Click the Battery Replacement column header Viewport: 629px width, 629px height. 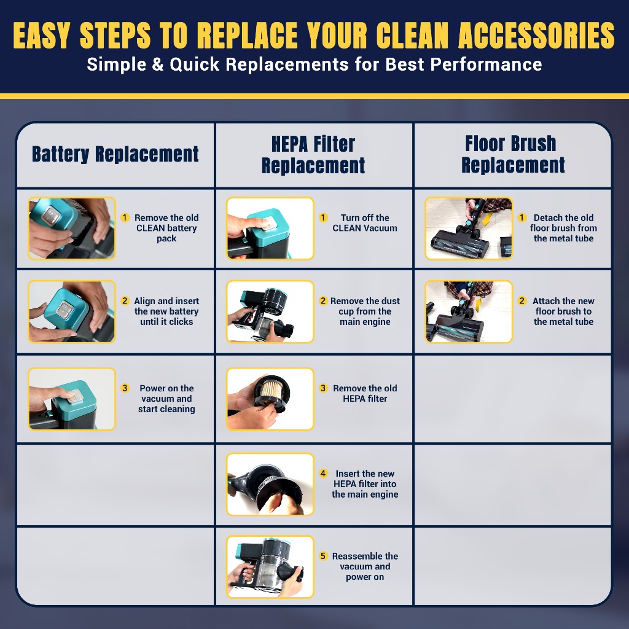pyautogui.click(x=115, y=154)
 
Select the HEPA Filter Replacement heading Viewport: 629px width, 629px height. pyautogui.click(x=313, y=155)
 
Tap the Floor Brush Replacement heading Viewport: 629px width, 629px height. pyautogui.click(x=513, y=154)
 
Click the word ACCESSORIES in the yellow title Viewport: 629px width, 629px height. pyautogui.click(x=536, y=35)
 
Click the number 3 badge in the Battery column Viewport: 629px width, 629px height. pyautogui.click(x=125, y=388)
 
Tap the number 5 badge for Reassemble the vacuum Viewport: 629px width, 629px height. pyautogui.click(x=323, y=556)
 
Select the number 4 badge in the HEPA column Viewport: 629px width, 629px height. pyautogui.click(x=323, y=474)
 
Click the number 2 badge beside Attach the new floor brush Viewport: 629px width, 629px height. pyautogui.click(x=522, y=301)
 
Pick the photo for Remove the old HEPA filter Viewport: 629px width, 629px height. pyautogui.click(x=270, y=399)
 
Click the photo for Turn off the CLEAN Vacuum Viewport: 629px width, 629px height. pyautogui.click(x=270, y=229)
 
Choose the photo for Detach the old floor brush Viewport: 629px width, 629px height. pyautogui.click(x=469, y=229)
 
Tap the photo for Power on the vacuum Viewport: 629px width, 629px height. pyautogui.click(x=72, y=399)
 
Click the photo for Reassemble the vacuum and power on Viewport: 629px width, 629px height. pyautogui.click(x=270, y=566)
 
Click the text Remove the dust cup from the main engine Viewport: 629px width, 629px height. pyautogui.click(x=365, y=311)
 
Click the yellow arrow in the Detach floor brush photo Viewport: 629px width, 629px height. pyautogui.click(x=486, y=219)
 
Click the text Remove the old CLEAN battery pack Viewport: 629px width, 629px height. pyautogui.click(x=166, y=228)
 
